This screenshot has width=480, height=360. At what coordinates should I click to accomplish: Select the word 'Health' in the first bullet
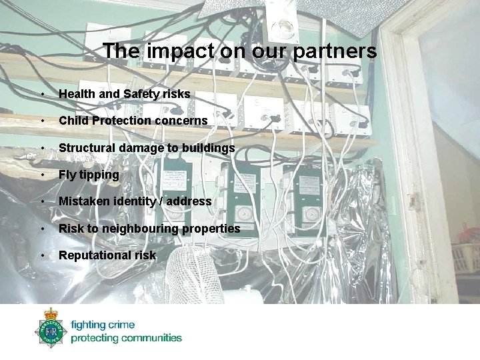[x=77, y=95]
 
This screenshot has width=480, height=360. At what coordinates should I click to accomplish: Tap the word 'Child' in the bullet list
[x=73, y=121]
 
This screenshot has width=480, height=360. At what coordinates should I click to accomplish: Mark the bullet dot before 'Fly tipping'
[x=42, y=175]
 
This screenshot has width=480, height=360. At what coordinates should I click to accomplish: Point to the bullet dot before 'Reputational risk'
[x=42, y=256]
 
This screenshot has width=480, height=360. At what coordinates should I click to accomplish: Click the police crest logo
[x=51, y=329]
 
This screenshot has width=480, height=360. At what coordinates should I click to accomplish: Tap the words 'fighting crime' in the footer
[x=103, y=325]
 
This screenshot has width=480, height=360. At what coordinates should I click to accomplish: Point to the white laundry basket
[x=465, y=257]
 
